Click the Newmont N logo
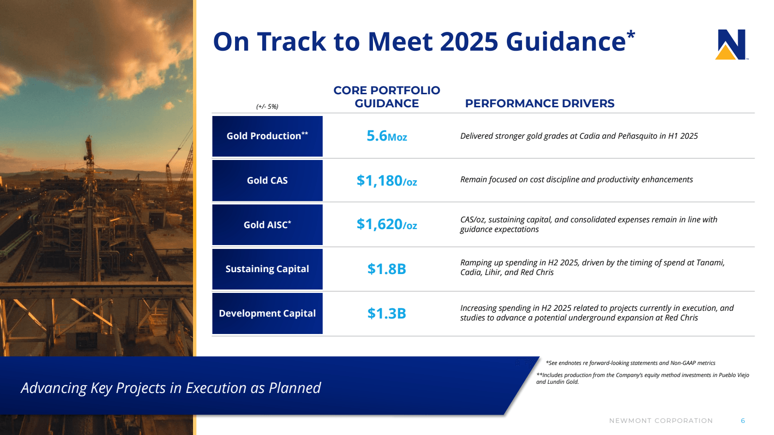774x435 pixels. (731, 44)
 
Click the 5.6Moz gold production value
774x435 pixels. (387, 136)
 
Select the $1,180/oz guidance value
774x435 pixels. (387, 181)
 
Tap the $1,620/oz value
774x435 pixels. (387, 224)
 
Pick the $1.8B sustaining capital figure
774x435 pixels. (387, 269)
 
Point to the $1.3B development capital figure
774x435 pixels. (387, 313)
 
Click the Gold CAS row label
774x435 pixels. (267, 180)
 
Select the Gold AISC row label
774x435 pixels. (267, 225)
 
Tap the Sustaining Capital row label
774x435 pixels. (267, 269)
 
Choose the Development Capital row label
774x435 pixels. (267, 313)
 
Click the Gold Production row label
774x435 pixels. (267, 136)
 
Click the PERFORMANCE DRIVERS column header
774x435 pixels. (539, 103)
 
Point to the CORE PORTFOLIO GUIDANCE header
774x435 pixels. (387, 97)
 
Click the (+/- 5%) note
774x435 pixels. (267, 106)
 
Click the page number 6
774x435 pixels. (743, 420)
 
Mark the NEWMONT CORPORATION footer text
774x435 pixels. (661, 420)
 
